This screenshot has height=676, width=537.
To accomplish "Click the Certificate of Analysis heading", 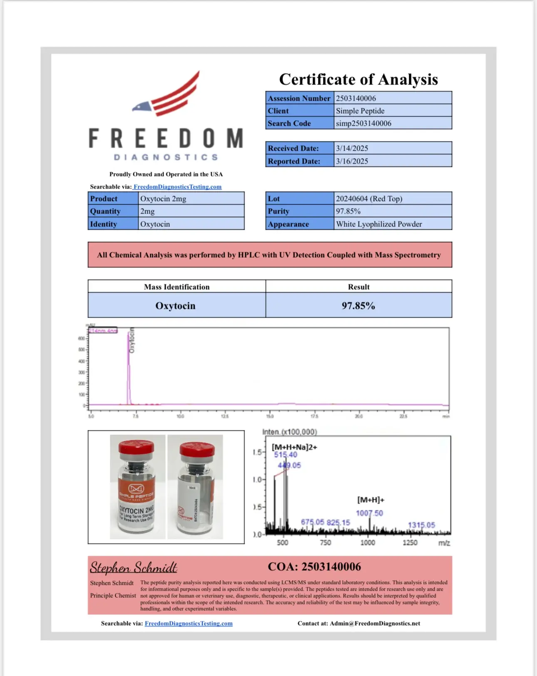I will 358,79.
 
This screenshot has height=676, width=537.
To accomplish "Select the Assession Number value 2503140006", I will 356,98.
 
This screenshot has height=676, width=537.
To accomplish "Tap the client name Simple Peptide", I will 360,111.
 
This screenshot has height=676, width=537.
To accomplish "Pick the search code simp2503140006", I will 363,123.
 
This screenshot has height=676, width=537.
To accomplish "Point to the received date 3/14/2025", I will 352,148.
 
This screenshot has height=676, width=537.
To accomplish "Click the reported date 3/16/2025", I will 352,161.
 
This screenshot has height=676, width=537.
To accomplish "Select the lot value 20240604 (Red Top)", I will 369,199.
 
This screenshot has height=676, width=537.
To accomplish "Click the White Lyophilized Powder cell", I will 379,224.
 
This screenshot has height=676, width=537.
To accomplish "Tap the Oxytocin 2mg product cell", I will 163,199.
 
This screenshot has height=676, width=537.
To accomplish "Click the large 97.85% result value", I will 358,306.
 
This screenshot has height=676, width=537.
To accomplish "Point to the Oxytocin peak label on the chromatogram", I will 132,340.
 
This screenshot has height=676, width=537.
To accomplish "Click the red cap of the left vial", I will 136,447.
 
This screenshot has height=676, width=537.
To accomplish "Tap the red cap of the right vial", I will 197,450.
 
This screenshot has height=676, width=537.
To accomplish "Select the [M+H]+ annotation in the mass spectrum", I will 370,500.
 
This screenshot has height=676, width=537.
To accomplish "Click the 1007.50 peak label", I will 369,513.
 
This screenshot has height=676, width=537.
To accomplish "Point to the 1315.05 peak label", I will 421,525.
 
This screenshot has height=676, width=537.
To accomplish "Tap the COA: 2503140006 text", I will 314,567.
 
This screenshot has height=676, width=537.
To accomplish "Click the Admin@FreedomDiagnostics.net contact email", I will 375,624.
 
